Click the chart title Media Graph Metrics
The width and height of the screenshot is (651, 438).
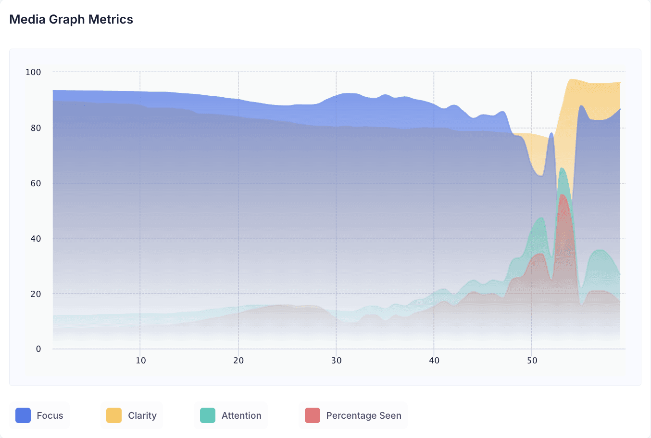(x=71, y=20)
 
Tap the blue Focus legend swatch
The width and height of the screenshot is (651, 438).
(x=23, y=415)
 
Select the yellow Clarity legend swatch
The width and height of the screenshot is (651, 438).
(x=114, y=415)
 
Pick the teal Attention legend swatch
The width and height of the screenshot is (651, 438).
(x=208, y=415)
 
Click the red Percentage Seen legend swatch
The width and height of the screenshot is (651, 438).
(x=313, y=415)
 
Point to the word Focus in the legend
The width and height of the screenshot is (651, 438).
(x=50, y=415)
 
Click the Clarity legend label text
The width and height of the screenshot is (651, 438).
(x=142, y=415)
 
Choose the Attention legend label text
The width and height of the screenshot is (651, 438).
(x=241, y=415)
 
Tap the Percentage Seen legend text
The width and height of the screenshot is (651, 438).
(x=364, y=415)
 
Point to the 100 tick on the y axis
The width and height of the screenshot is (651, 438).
(x=34, y=72)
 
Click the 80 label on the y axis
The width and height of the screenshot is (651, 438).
(x=36, y=128)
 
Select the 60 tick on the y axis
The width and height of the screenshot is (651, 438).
(x=36, y=183)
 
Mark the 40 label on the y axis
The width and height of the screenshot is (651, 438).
(x=36, y=239)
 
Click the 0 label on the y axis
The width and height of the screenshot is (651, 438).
(x=38, y=349)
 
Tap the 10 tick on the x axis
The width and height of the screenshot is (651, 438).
(x=141, y=361)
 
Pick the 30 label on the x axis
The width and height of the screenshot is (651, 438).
(x=336, y=361)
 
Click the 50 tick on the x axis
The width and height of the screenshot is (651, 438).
(x=532, y=361)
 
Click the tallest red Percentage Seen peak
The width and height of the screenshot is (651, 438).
(x=563, y=195)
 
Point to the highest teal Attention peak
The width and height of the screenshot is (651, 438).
(x=562, y=168)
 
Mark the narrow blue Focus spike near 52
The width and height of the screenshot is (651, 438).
(x=551, y=134)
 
